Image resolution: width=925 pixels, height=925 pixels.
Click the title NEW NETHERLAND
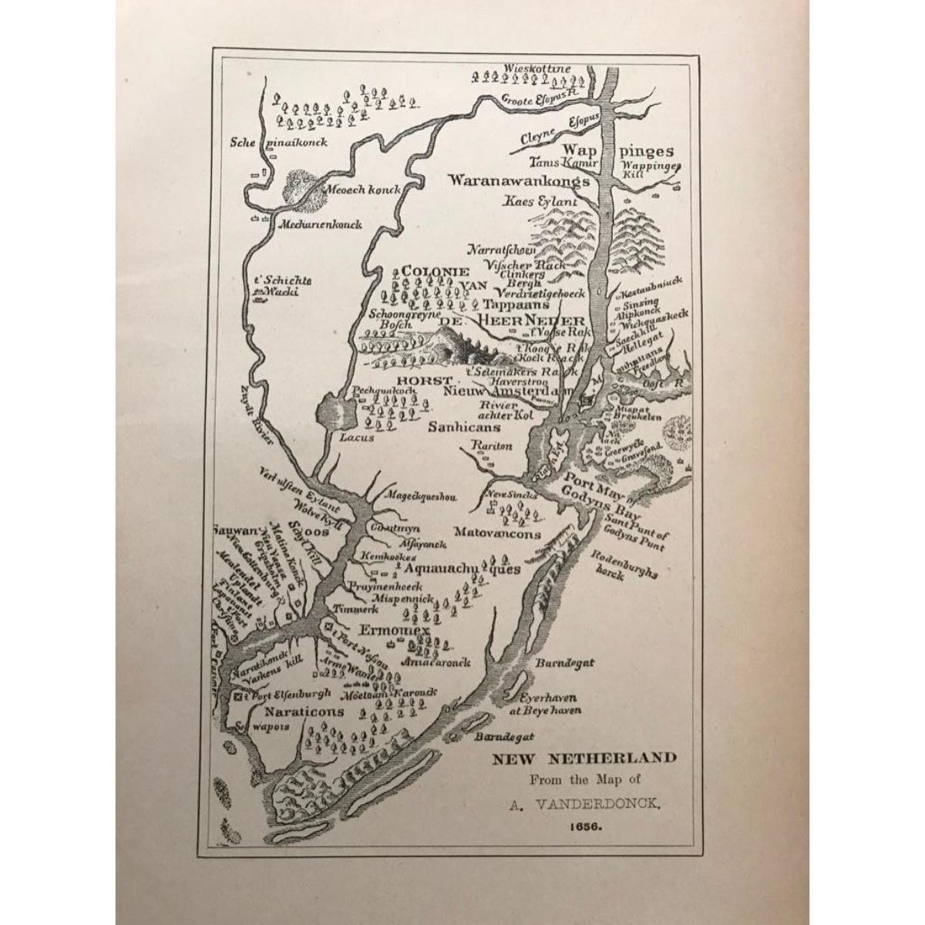[x=585, y=758]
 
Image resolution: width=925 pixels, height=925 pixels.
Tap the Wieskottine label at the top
[x=536, y=69]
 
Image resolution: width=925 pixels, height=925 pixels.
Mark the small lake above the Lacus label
[x=335, y=414]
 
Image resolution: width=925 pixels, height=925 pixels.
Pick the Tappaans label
[x=501, y=304]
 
